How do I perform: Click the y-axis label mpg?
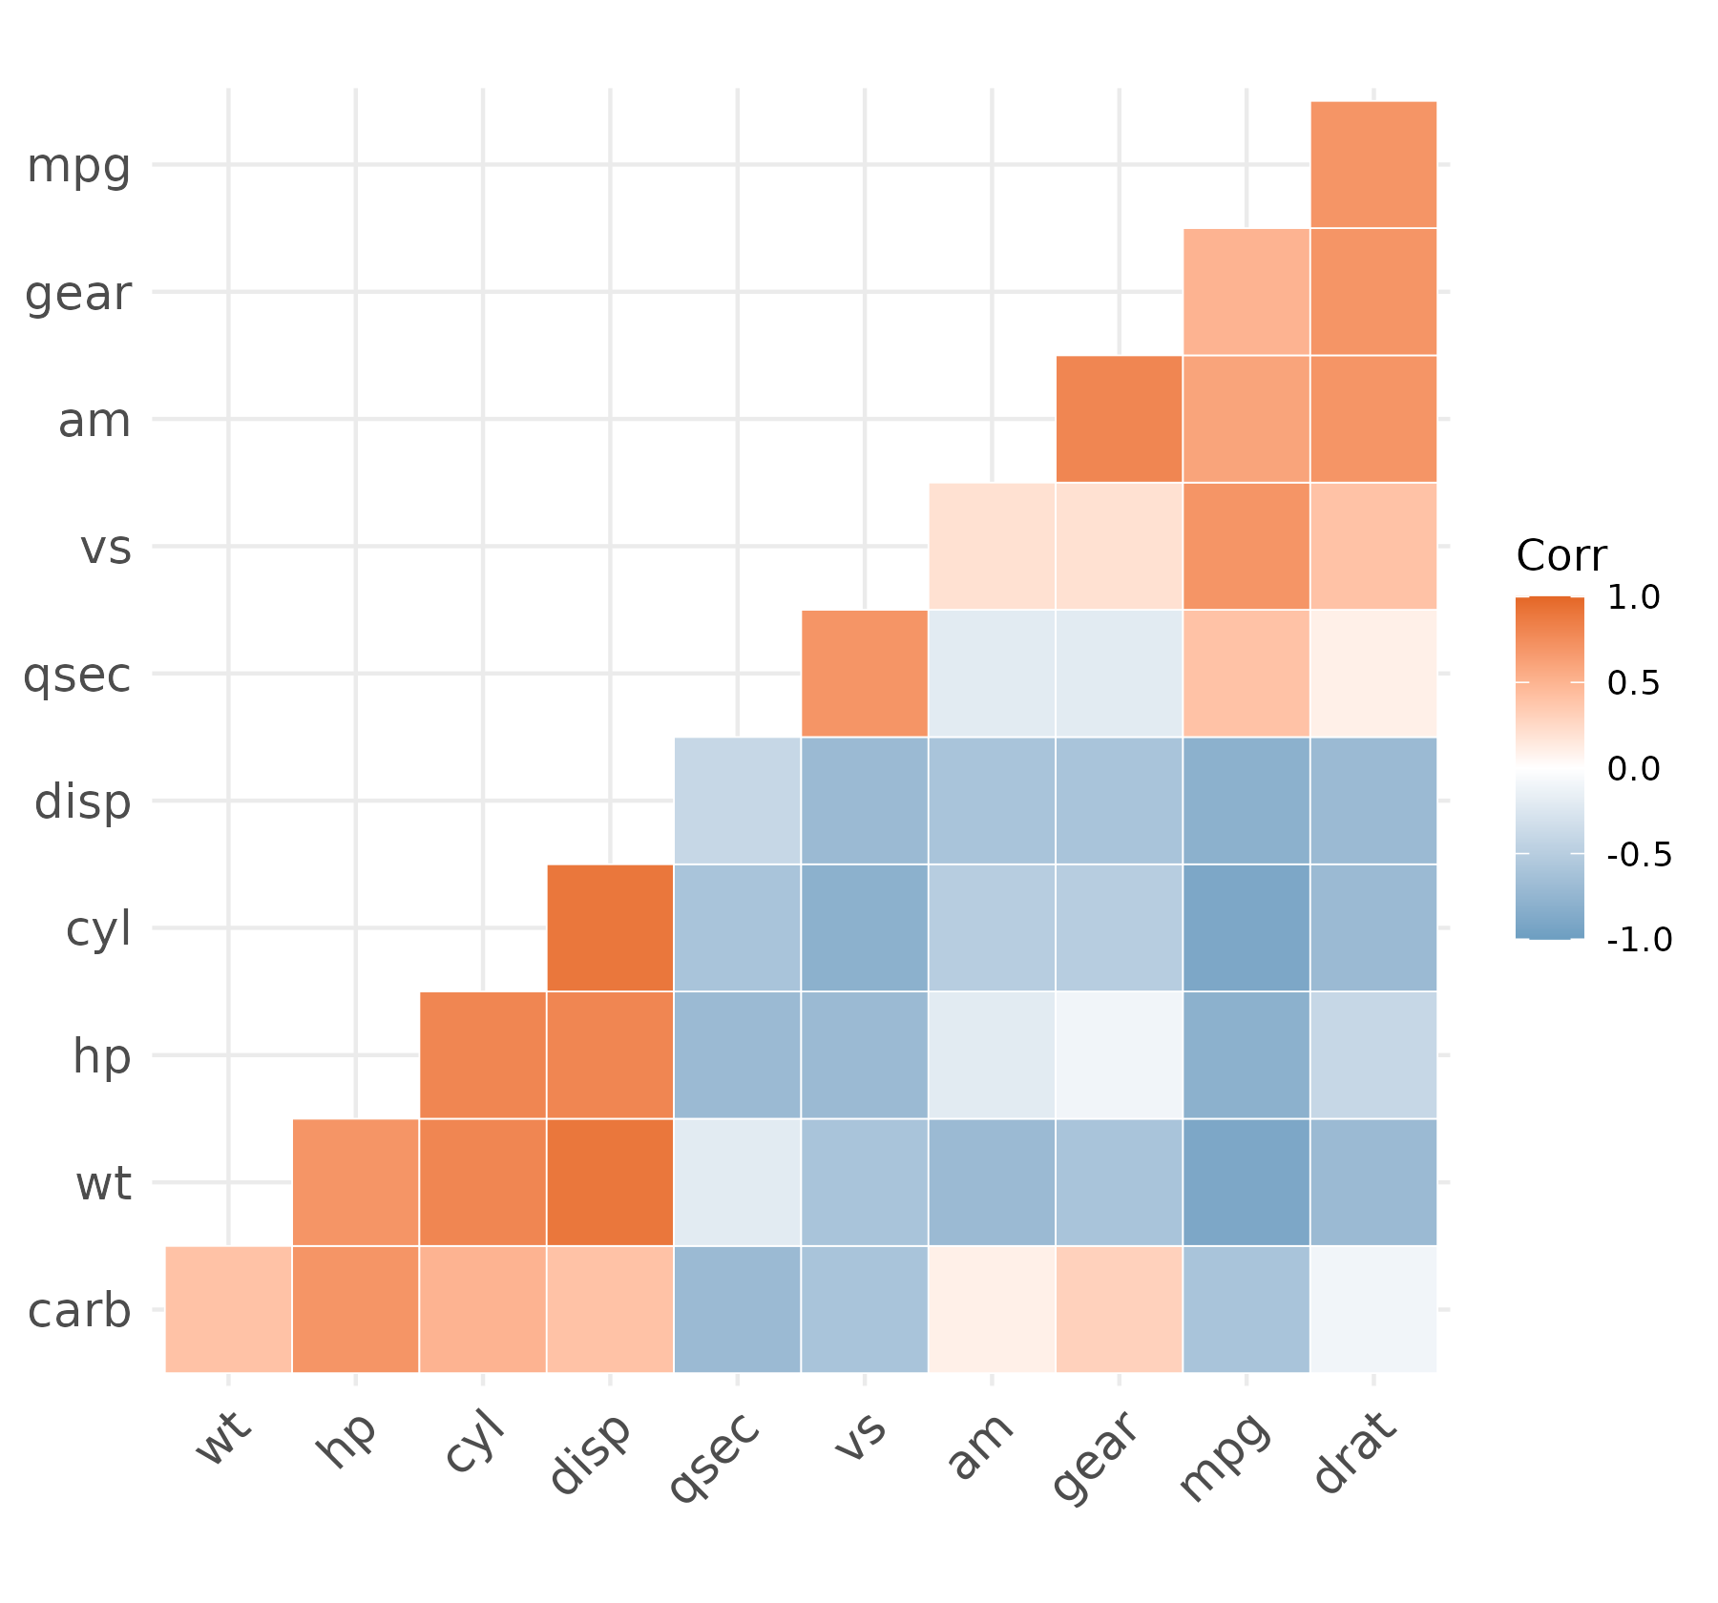point(79,169)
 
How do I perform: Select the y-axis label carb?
point(79,1310)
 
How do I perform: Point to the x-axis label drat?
point(1355,1452)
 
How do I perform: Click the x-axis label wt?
point(223,1437)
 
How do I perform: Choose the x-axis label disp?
point(591,1452)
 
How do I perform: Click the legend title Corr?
point(1561,555)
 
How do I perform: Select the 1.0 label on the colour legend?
point(1634,598)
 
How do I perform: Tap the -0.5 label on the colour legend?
point(1640,855)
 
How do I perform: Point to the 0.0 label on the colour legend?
point(1634,768)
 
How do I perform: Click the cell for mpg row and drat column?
point(1373,164)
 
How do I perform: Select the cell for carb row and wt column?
point(228,1309)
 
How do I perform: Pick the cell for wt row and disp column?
point(610,1182)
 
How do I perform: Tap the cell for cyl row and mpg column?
point(1247,927)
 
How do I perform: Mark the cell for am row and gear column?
point(1119,419)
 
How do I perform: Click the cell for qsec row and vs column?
point(865,674)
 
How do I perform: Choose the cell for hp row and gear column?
point(1119,1055)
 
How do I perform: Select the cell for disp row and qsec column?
point(737,801)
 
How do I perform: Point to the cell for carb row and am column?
point(992,1309)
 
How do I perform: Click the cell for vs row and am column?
point(992,546)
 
